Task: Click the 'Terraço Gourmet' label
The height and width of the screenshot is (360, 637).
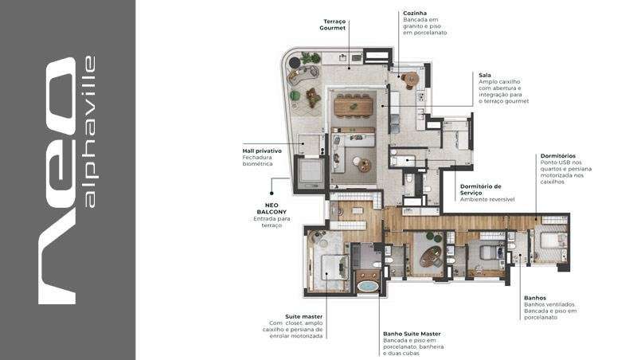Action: pyautogui.click(x=332, y=25)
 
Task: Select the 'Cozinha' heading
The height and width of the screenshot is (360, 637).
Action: pyautogui.click(x=415, y=13)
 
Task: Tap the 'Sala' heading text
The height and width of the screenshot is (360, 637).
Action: pyautogui.click(x=485, y=75)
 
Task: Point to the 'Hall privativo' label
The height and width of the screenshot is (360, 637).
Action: pyautogui.click(x=262, y=151)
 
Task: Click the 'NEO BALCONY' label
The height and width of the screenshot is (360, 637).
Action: pyautogui.click(x=272, y=209)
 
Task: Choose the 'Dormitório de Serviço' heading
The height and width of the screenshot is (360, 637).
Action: pyautogui.click(x=481, y=190)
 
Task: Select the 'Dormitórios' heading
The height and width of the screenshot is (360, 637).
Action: pyautogui.click(x=558, y=155)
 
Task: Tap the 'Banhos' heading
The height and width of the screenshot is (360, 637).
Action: pyautogui.click(x=535, y=298)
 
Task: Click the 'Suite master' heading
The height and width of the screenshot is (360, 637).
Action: pyautogui.click(x=303, y=316)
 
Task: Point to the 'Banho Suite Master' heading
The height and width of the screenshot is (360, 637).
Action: pyautogui.click(x=412, y=334)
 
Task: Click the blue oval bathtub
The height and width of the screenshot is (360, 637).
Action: pyautogui.click(x=368, y=286)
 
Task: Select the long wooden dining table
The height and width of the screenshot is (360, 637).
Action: pyautogui.click(x=354, y=107)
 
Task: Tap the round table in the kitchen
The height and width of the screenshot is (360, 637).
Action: pyautogui.click(x=412, y=78)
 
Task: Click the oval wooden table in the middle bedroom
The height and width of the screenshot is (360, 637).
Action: pyautogui.click(x=431, y=256)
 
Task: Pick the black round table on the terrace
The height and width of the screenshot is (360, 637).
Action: pyautogui.click(x=294, y=63)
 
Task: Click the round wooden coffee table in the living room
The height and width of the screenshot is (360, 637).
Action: pyautogui.click(x=365, y=165)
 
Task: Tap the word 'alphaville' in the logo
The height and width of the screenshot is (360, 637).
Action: pyautogui.click(x=89, y=131)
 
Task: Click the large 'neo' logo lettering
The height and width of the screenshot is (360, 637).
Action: pyautogui.click(x=57, y=181)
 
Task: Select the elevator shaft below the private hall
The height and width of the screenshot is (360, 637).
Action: pyautogui.click(x=310, y=173)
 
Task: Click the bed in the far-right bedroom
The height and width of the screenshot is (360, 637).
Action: pyautogui.click(x=550, y=241)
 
